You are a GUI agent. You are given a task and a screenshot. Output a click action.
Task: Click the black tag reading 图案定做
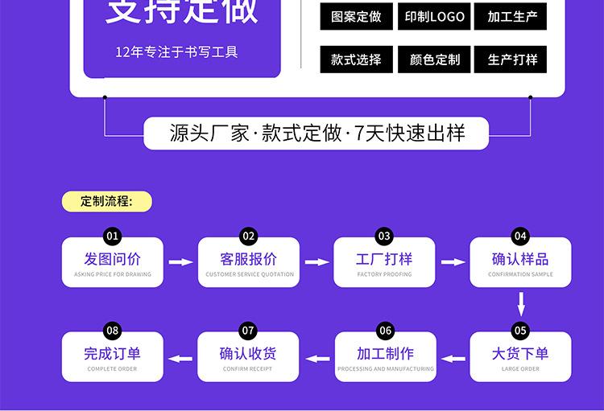point(356,16)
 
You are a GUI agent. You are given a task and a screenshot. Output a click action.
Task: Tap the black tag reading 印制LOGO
point(434,16)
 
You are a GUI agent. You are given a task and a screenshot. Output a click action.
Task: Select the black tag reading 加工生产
point(512,16)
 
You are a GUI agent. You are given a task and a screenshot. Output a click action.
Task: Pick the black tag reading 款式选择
point(356,60)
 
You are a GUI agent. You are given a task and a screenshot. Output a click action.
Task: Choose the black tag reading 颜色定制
point(434,60)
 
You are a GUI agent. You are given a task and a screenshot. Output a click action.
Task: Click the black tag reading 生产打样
point(512,60)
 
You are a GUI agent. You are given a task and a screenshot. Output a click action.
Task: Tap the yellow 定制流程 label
point(106,201)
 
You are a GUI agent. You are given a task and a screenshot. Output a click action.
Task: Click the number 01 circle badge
point(113,236)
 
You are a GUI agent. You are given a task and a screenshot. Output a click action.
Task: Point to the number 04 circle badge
point(520,236)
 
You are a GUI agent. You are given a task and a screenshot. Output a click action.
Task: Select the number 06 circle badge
point(385,331)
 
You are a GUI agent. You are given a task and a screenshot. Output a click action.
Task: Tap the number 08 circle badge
point(113,331)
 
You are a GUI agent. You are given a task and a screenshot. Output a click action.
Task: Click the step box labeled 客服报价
point(249,263)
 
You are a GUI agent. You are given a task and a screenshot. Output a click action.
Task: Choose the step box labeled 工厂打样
point(385,263)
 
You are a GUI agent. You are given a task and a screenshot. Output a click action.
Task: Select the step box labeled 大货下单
point(520,357)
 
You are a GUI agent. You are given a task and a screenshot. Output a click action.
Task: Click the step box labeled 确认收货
point(249,357)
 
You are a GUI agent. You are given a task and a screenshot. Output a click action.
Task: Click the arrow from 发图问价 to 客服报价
point(181,262)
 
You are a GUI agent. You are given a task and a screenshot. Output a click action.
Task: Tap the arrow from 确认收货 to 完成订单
point(181,358)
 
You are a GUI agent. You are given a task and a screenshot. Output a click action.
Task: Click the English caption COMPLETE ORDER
point(113,369)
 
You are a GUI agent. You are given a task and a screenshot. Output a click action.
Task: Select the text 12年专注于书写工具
point(176,53)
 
